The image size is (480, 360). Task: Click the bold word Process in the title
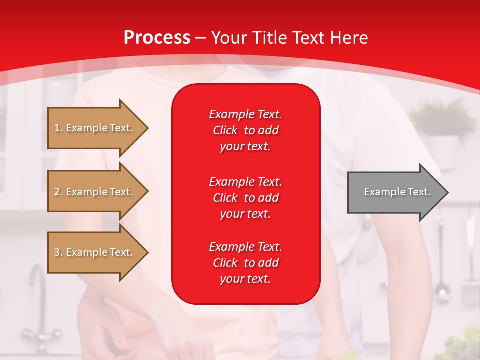click(157, 38)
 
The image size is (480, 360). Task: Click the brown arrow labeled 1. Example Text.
click(98, 128)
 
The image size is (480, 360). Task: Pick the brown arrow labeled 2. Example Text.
click(98, 191)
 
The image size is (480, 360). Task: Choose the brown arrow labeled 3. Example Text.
click(98, 252)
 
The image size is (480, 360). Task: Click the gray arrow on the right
click(398, 192)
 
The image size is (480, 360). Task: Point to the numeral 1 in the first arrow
click(56, 128)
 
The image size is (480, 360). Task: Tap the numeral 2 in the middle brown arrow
click(57, 192)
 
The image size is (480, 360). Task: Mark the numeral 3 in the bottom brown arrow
click(57, 252)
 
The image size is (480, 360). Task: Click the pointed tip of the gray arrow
click(448, 192)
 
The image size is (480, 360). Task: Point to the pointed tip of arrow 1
click(148, 128)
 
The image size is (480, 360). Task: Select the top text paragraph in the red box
click(246, 130)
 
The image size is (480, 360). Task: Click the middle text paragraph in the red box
click(246, 198)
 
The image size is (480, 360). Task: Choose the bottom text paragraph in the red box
click(246, 262)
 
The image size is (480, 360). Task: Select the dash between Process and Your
click(201, 39)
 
